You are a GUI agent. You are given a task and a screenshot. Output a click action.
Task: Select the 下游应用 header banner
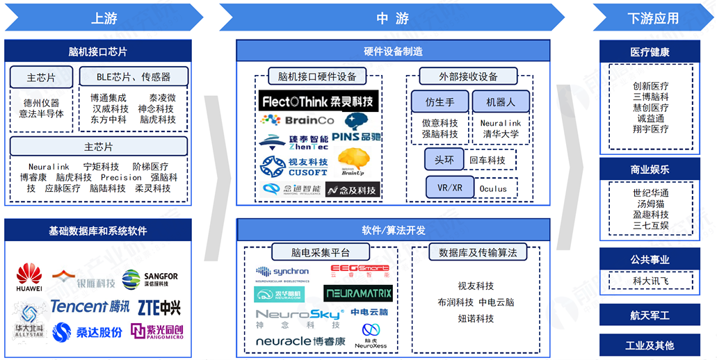point(652,18)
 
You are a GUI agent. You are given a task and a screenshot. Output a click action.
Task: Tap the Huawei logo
point(29,277)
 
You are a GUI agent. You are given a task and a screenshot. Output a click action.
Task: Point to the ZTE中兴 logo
point(158,306)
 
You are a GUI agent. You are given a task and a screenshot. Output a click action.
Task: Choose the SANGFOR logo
point(150,279)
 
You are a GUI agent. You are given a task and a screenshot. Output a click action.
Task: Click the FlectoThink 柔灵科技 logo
point(319,101)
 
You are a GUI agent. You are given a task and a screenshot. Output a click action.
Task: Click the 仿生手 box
point(440,102)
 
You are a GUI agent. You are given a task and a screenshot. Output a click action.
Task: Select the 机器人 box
point(500,102)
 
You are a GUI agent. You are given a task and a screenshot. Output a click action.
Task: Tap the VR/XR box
point(449,188)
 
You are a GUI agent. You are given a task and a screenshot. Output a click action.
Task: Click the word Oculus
point(493,188)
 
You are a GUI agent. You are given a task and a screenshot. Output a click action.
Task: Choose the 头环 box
point(444,160)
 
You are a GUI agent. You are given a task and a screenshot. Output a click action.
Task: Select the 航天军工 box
point(650,316)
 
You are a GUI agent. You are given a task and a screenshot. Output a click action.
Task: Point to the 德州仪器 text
point(42,103)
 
